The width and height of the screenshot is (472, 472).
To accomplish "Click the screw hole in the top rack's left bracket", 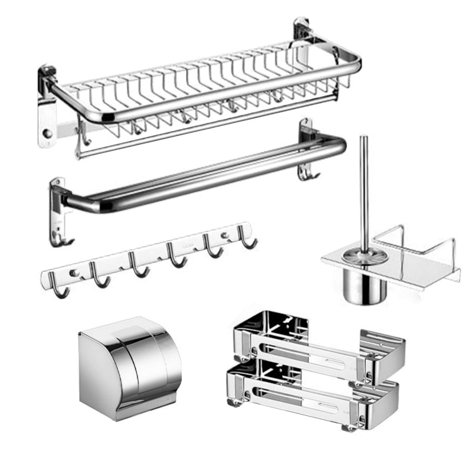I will [x=47, y=133].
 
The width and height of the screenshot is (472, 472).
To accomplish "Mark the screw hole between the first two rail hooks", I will [x=74, y=273].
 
